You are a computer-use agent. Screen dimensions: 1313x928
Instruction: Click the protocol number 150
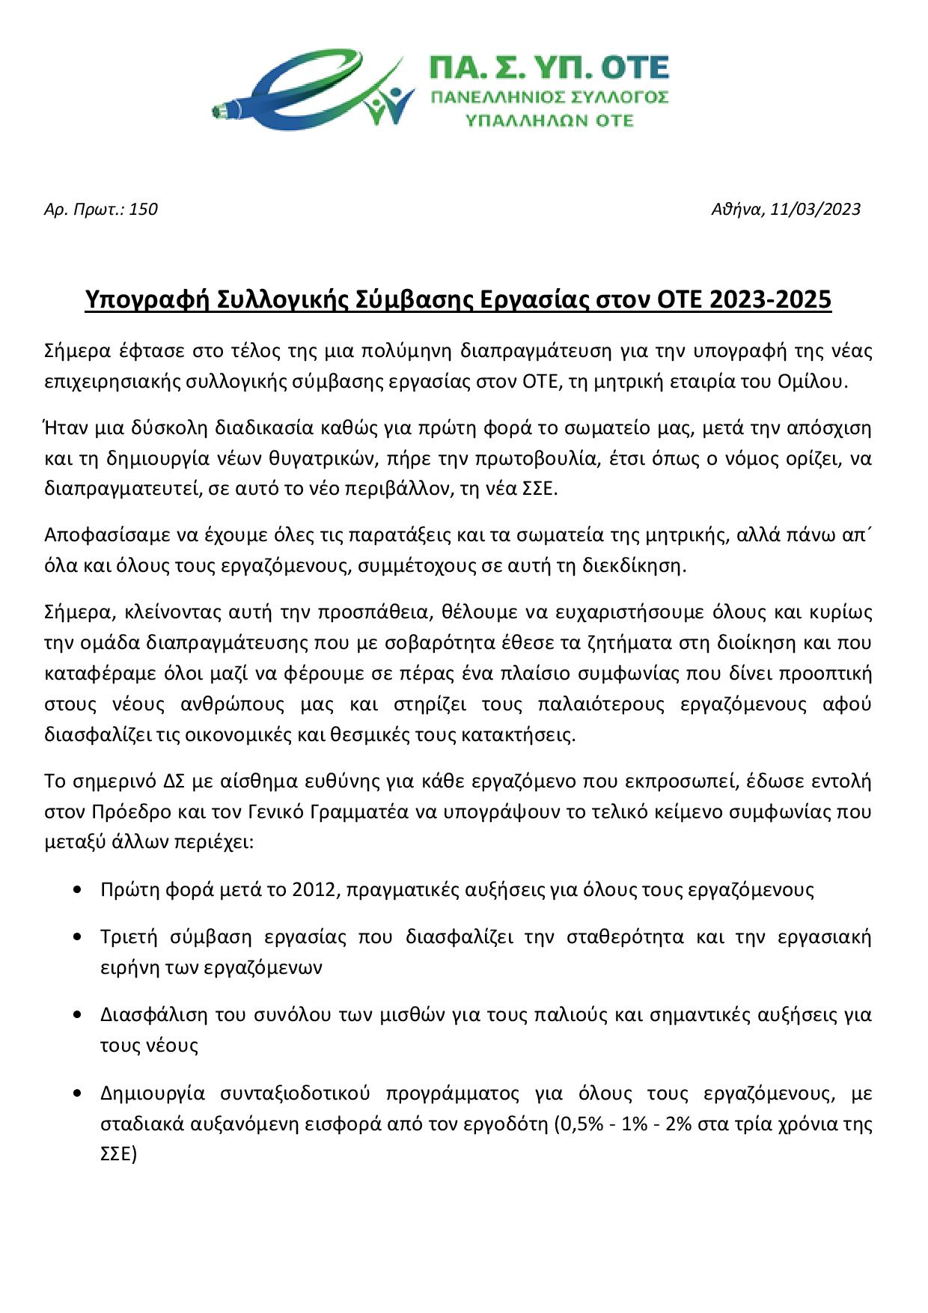click(143, 210)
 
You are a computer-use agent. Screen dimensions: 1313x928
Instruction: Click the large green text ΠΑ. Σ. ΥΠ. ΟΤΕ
click(548, 69)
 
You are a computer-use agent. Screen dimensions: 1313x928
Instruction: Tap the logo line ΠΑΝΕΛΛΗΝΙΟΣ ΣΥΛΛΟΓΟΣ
click(548, 97)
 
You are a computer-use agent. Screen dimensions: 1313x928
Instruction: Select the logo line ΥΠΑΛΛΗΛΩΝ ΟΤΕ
click(549, 120)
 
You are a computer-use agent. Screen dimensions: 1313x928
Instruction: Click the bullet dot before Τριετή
click(79, 937)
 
